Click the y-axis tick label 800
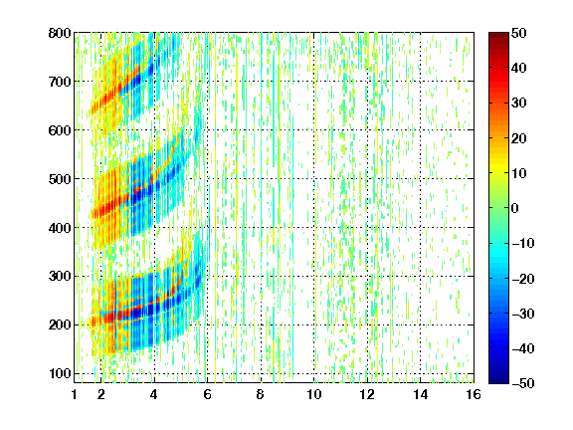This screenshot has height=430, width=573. coord(60,33)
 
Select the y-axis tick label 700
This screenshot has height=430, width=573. coord(60,82)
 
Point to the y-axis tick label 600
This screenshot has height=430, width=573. coord(60,130)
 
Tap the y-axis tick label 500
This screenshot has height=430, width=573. coord(60,179)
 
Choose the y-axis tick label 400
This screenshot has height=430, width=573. coord(60,228)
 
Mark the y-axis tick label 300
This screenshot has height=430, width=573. coord(60,276)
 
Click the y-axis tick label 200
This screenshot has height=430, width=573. coord(60,324)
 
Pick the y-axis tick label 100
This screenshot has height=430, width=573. coord(60,373)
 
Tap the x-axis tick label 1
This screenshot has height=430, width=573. coord(75,394)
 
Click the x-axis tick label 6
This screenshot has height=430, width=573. coord(207,394)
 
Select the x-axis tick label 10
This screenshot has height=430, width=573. coord(313,394)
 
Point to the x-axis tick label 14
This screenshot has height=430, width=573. coord(420,394)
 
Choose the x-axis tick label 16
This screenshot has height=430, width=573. coord(474,394)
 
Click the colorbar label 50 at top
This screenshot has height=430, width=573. coord(518,33)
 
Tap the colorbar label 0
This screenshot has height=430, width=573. coord(515,208)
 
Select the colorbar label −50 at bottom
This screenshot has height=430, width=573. coord(522,383)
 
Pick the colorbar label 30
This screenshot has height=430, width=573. coord(518,103)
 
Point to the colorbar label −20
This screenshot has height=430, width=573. coord(522,279)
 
